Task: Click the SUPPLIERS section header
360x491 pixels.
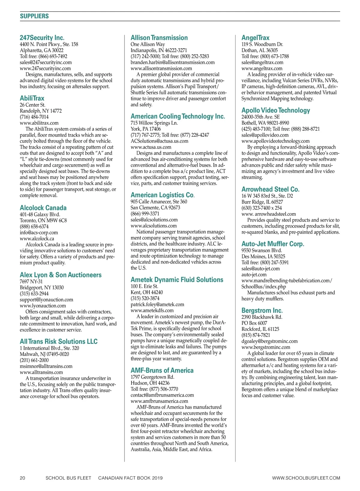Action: [34, 16]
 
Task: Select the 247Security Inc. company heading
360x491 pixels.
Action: [42, 38]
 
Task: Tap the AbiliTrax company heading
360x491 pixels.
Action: [32, 98]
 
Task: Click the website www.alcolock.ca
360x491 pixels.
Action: [37, 239]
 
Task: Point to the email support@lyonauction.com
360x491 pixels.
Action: [46, 300]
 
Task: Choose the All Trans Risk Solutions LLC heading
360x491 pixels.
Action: [58, 341]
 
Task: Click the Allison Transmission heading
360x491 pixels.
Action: [159, 38]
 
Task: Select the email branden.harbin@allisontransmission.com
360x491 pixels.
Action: [172, 62]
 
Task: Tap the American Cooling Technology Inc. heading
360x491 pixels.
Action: [178, 116]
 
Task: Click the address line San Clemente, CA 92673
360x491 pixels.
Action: [155, 208]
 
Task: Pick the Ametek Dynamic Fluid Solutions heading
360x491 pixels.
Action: [177, 280]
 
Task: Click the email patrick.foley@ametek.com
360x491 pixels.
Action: [157, 305]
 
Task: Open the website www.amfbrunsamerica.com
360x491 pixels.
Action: [159, 401]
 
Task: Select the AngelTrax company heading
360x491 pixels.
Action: [255, 38]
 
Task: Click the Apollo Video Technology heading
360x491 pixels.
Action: [276, 110]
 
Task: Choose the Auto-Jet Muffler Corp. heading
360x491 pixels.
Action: [273, 244]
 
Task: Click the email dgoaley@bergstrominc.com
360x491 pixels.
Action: [269, 341]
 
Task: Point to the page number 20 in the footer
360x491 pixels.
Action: [22, 478]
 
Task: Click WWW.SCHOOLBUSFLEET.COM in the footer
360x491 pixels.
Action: [306, 478]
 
